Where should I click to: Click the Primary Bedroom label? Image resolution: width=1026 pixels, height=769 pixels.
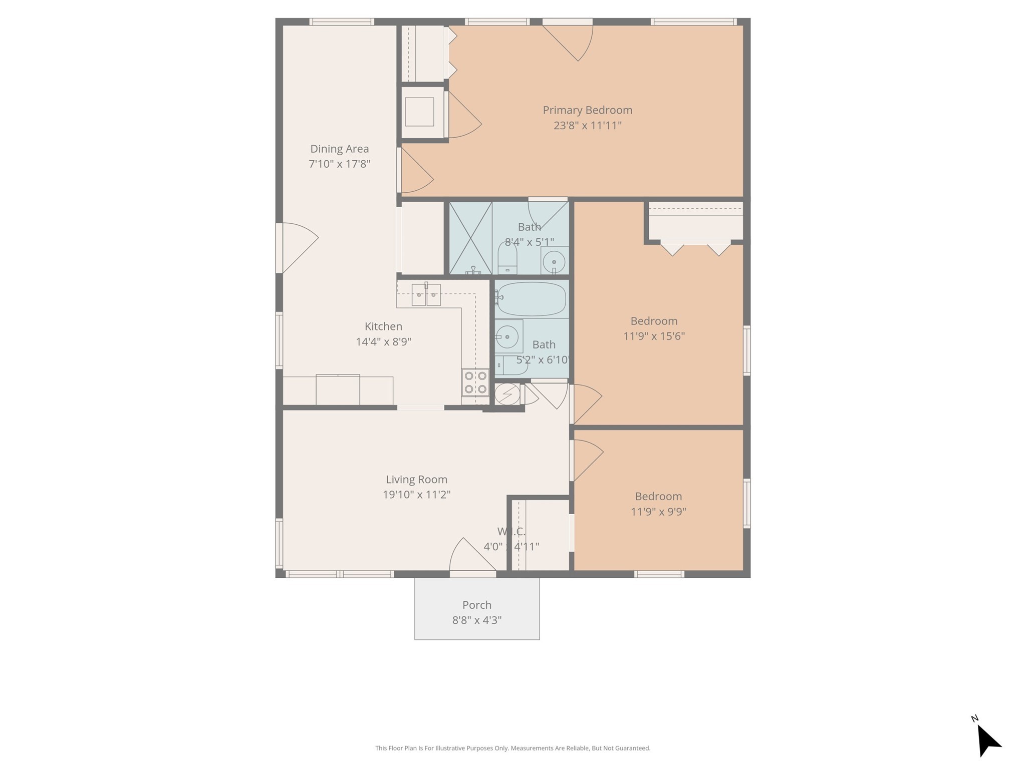587,110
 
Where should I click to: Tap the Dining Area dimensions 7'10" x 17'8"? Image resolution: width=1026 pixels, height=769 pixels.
340,164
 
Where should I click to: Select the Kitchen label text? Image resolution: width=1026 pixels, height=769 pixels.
383,326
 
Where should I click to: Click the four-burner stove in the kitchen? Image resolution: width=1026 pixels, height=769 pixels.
475,382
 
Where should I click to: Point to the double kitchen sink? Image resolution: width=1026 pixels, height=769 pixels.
426,295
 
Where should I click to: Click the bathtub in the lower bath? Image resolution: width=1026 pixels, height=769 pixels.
531,299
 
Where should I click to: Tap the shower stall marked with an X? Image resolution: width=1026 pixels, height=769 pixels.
470,238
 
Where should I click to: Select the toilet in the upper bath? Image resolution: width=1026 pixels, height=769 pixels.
507,258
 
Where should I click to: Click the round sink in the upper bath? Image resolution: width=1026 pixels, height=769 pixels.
554,261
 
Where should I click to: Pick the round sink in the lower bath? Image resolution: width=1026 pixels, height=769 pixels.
507,335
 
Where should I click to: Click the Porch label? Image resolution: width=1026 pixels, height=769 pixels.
477,605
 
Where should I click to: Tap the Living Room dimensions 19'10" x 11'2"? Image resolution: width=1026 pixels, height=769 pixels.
417,495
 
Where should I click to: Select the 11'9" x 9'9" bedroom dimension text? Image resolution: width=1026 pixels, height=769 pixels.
658,512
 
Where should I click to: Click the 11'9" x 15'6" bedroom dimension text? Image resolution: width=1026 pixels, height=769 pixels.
654,336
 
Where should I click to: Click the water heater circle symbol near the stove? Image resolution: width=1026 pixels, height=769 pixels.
507,394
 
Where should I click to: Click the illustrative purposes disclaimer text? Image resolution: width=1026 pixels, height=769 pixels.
513,748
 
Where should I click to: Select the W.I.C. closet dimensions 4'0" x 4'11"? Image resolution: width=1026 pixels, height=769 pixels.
511,547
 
